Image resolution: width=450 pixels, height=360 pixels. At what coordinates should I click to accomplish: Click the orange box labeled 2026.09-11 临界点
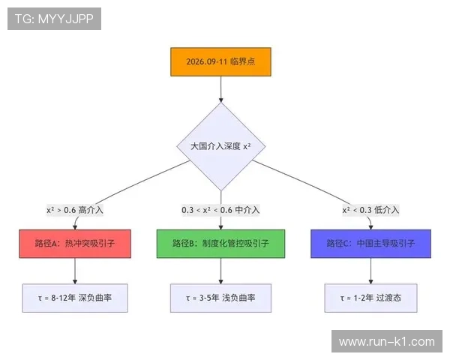tap(220, 62)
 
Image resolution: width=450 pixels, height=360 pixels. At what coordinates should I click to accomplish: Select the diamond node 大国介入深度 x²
tap(220, 146)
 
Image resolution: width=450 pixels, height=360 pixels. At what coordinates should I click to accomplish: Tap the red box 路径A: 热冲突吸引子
tap(75, 244)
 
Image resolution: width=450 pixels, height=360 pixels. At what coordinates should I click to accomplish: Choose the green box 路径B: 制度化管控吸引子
tap(220, 244)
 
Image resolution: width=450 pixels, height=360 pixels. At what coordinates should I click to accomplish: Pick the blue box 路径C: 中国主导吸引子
tap(370, 244)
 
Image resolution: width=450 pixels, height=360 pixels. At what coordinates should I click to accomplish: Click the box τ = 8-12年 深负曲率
tap(75, 298)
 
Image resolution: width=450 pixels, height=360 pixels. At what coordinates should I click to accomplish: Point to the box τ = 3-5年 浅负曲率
tap(220, 298)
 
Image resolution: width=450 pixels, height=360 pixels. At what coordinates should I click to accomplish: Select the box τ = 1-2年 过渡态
tap(370, 298)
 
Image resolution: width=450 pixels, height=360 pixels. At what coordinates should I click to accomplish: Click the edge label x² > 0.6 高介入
tap(75, 210)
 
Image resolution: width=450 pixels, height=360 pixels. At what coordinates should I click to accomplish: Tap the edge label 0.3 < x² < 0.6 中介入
tap(220, 210)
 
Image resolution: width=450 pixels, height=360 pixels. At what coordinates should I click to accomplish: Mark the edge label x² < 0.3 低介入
tap(370, 210)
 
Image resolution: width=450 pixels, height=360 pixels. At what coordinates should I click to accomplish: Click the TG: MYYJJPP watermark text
tap(54, 19)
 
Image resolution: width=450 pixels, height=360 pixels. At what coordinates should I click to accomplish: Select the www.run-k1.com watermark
tap(386, 342)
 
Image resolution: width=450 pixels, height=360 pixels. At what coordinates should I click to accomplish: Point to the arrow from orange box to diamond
tap(220, 90)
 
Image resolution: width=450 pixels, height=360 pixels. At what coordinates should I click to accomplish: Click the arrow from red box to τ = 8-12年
tap(75, 271)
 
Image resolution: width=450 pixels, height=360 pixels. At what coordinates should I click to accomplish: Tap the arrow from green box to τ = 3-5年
tap(220, 271)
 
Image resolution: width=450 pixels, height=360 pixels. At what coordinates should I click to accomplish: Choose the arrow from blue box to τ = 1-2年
tap(370, 271)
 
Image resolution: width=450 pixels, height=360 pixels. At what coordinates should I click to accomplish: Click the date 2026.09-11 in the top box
tap(206, 62)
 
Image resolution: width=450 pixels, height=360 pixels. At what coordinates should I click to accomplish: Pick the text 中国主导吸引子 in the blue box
tap(384, 244)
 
